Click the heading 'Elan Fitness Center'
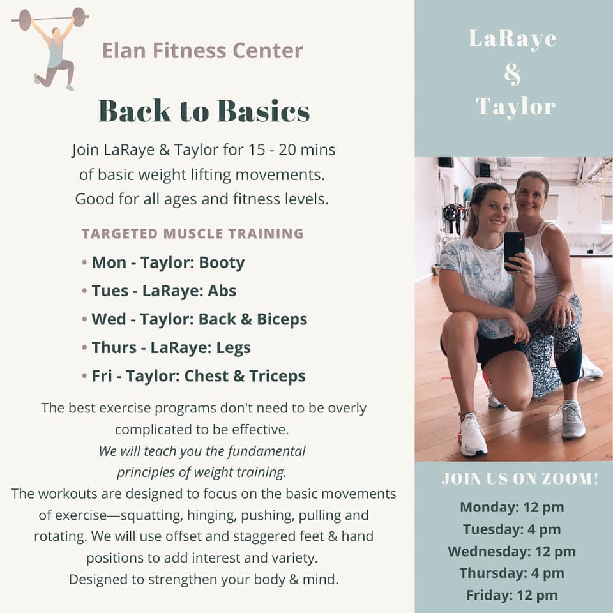pyautogui.click(x=202, y=50)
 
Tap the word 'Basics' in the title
pyautogui.click(x=264, y=111)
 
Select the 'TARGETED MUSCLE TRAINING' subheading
pyautogui.click(x=193, y=234)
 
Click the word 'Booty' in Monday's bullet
pyautogui.click(x=222, y=262)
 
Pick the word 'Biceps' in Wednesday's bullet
pyautogui.click(x=282, y=319)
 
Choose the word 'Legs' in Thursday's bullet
pyautogui.click(x=234, y=348)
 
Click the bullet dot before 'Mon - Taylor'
pyautogui.click(x=84, y=262)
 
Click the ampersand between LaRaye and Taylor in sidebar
pyautogui.click(x=513, y=73)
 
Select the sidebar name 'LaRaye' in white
pyautogui.click(x=513, y=39)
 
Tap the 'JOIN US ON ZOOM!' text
pyautogui.click(x=520, y=478)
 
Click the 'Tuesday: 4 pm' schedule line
pyautogui.click(x=511, y=529)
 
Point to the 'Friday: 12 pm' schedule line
pyautogui.click(x=511, y=595)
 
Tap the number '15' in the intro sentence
pyautogui.click(x=257, y=149)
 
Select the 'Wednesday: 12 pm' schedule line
pyautogui.click(x=511, y=551)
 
